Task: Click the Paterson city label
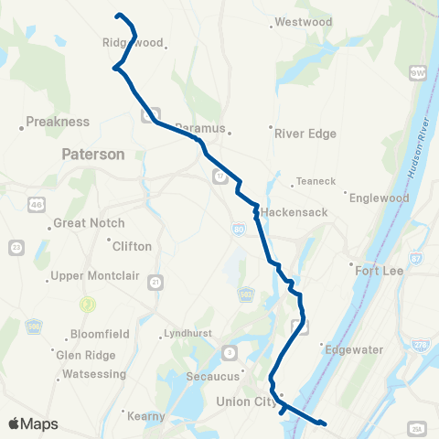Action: [x=93, y=155]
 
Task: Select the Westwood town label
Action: [x=303, y=21]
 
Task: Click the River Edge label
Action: [x=305, y=134]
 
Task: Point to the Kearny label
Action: [x=147, y=415]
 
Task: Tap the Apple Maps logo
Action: [x=33, y=424]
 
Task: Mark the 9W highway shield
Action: [x=418, y=70]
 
